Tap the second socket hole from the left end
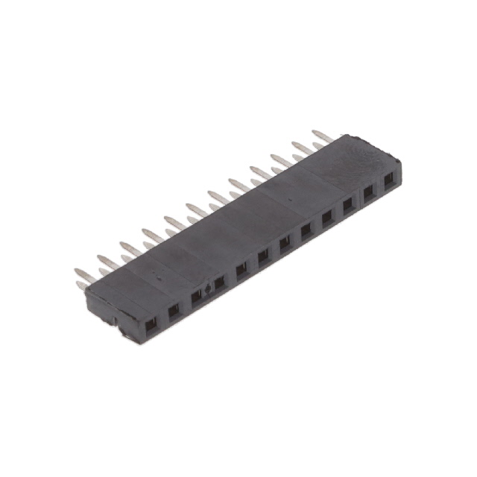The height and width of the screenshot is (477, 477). pos(173,310)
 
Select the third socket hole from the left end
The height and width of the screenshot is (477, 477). pos(195,297)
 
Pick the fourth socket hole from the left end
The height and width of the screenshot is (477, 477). pos(218,282)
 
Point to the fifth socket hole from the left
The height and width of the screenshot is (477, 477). pos(241,268)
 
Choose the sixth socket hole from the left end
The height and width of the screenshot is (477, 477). pos(263,255)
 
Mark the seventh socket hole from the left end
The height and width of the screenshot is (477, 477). pos(285,242)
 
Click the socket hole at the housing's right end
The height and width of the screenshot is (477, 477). pos(388,180)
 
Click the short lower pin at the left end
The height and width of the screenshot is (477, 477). pos(81,285)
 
